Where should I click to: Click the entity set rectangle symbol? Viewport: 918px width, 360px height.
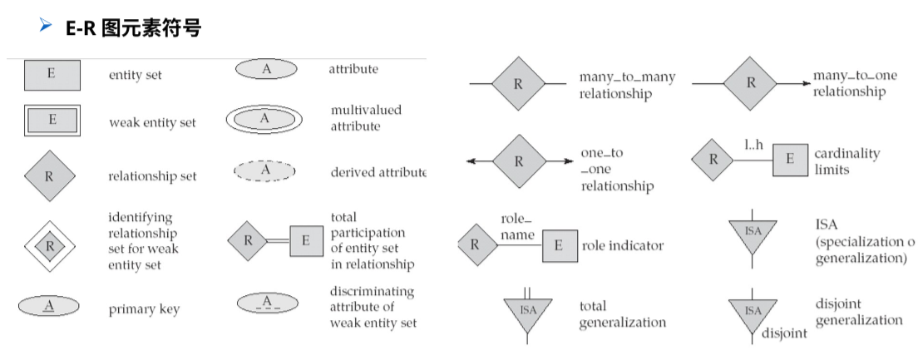tap(51, 74)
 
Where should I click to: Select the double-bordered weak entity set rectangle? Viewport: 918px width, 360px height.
tap(51, 121)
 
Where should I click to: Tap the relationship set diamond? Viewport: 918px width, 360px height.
tap(50, 175)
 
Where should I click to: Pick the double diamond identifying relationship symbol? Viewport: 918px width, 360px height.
tap(50, 245)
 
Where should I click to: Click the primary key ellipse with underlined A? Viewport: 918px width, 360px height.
tap(49, 307)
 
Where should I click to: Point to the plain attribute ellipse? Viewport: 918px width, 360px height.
tap(266, 70)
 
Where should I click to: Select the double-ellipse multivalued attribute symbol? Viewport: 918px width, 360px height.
tap(264, 119)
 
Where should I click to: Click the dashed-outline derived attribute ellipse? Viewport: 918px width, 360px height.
tap(264, 170)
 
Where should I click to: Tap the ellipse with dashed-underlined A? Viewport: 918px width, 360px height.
tap(267, 303)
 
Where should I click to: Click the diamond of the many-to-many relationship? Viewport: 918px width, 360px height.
tap(518, 84)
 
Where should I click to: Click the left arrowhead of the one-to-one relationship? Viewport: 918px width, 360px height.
tap(472, 161)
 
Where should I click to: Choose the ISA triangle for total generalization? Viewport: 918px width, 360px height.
tap(528, 313)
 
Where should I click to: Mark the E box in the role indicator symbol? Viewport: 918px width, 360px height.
tap(560, 245)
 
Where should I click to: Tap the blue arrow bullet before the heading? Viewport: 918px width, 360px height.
tap(47, 28)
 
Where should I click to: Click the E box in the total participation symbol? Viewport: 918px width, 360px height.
tap(306, 241)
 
